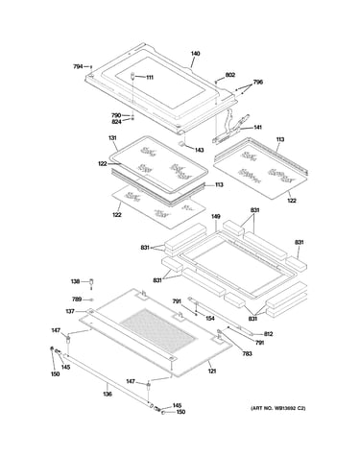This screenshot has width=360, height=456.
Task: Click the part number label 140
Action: pos(195,54)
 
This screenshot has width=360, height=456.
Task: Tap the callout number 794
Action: pos(78,66)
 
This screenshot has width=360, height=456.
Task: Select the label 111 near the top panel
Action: pos(150,78)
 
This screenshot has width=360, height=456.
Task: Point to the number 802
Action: pos(230,75)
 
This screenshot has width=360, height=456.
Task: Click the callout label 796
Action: pos(258,82)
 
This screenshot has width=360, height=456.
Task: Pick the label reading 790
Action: pos(116,115)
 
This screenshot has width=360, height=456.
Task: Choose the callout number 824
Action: pos(116,122)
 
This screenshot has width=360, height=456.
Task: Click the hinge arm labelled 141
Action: pos(232,127)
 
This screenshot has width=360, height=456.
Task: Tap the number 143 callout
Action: pos(199,150)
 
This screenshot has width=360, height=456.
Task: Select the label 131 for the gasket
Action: pos(112,138)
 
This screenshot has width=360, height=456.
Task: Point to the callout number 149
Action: pos(216,217)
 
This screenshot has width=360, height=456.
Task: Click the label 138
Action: pos(75,281)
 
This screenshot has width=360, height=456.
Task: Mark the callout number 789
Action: pos(77,300)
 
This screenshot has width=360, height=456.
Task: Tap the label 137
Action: pos(70,311)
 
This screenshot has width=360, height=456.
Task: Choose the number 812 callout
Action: pos(268,334)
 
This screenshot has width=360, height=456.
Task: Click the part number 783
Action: pos(248,353)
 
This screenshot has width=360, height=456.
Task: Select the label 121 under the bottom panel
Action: pos(212,371)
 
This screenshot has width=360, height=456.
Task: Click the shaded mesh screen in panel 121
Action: pos(157,329)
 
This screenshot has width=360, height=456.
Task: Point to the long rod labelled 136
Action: pos(108,380)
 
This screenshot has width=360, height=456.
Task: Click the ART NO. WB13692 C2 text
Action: pos(278,408)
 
